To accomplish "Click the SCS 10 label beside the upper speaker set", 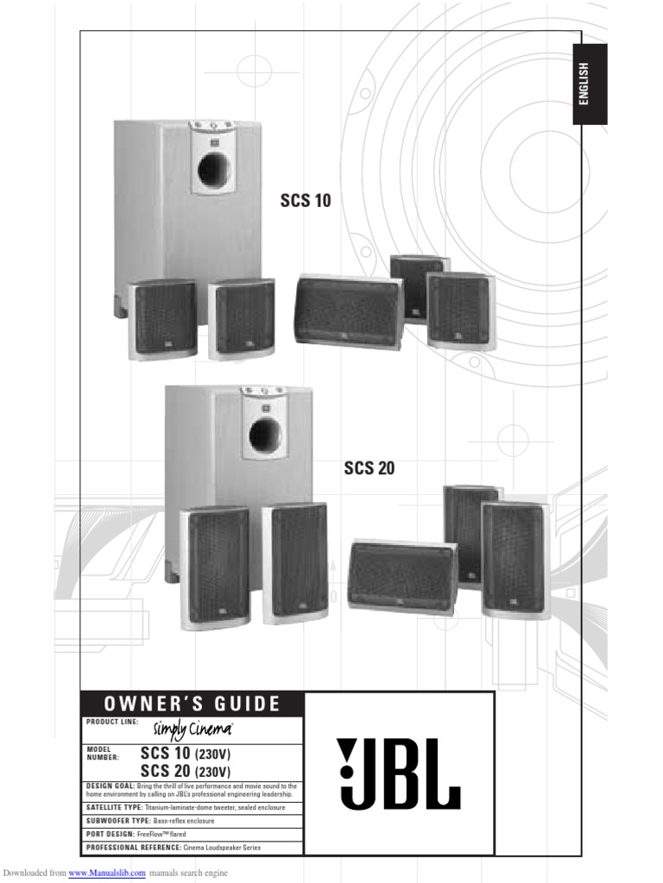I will click(x=305, y=201).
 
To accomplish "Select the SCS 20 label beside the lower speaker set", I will click(x=369, y=468).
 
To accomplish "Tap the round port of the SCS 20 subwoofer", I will click(x=264, y=435).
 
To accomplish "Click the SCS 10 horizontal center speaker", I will click(x=349, y=311).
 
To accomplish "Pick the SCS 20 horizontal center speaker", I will click(x=402, y=576).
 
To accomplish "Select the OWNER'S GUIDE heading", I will click(x=193, y=704).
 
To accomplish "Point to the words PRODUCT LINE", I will click(x=111, y=722).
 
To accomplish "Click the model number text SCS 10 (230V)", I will click(x=198, y=754).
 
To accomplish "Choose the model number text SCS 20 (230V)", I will click(x=198, y=770).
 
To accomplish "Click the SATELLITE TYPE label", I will click(x=114, y=808).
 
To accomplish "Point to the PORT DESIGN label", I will click(x=110, y=834).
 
